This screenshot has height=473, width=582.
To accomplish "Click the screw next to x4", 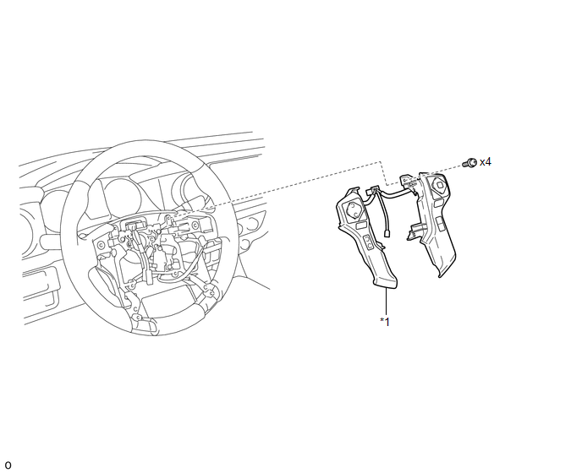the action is pos(469,163).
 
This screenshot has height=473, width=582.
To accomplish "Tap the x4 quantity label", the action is pos(486,162).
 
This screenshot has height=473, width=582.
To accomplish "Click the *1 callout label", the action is pos(385,322).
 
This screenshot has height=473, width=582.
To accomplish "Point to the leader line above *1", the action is pos(387,302).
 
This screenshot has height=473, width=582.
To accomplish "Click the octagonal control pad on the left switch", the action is pos(353,210).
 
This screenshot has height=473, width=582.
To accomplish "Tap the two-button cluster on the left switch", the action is pos(369,242).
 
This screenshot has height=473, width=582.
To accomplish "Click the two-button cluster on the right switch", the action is pos(440,224).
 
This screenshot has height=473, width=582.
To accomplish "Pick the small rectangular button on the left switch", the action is pos(360,225).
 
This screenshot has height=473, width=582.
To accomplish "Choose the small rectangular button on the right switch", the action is pos(438,203).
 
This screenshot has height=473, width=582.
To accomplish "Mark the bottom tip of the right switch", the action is pos(441,276).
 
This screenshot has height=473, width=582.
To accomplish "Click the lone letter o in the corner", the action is pos(8,465).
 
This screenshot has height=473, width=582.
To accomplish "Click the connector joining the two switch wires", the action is pos(372,191).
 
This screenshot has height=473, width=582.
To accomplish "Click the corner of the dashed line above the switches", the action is pos(381,162).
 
